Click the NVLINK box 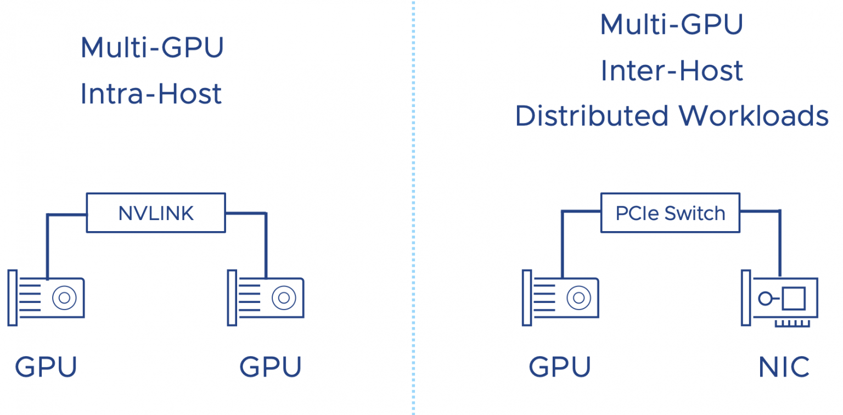pos(156,213)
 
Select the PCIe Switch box pos(670,213)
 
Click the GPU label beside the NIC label pos(560,367)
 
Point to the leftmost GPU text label pos(46,367)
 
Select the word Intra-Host pos(151,94)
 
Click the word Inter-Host pos(672,71)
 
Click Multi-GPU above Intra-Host pos(152,48)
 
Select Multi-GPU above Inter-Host pos(672,25)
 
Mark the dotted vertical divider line pos(413,220)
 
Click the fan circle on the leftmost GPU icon pos(64,298)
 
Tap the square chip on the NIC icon pos(793,299)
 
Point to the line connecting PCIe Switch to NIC pos(780,242)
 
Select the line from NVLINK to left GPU pos(48,242)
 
